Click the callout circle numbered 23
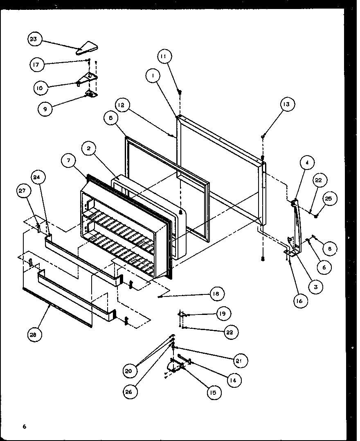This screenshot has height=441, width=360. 34,39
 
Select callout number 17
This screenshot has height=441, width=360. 37,64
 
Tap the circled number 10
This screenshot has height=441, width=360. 40,87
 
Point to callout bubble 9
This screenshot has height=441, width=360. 45,109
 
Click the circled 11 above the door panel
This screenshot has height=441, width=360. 164,57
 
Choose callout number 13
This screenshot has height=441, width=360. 286,105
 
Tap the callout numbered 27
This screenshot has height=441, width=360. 23,190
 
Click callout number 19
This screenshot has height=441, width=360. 223,314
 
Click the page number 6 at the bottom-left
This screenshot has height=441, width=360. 25,427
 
